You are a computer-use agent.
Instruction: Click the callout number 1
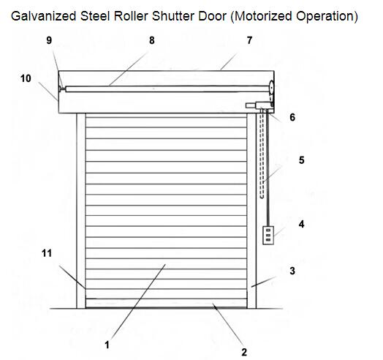click(x=107, y=345)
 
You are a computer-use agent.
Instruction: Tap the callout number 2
click(x=244, y=352)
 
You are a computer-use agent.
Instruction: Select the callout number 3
click(x=292, y=271)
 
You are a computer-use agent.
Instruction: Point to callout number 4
click(x=301, y=224)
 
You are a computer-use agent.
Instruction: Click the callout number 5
click(x=302, y=160)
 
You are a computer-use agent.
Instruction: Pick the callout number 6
click(x=292, y=117)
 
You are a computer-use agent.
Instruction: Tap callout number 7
click(x=249, y=40)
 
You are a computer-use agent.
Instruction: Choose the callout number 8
click(x=152, y=40)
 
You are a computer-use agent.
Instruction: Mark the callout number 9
click(x=49, y=40)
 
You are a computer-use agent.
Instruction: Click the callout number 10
click(x=26, y=78)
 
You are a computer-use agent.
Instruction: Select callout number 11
click(x=47, y=253)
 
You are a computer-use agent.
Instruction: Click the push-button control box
click(x=268, y=236)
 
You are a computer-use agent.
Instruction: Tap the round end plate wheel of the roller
click(x=271, y=88)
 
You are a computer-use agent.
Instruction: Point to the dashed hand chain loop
click(x=262, y=154)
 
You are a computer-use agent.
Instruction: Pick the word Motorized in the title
click(x=263, y=16)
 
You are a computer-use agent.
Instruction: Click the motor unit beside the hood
click(x=259, y=105)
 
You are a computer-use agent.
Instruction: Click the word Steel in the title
click(x=95, y=16)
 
